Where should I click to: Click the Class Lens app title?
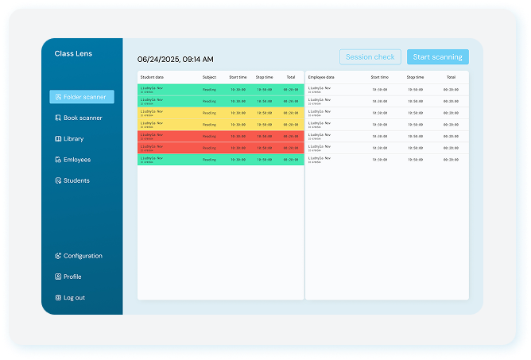73,54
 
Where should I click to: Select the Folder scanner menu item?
82,97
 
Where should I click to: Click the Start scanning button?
437,57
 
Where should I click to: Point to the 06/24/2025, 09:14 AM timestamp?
175,59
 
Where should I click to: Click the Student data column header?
152,77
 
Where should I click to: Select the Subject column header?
209,77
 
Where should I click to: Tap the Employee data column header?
321,77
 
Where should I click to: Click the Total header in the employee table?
451,77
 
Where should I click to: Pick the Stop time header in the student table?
264,77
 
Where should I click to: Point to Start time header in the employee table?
379,77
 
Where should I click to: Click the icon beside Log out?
58,298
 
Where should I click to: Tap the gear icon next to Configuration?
58,256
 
